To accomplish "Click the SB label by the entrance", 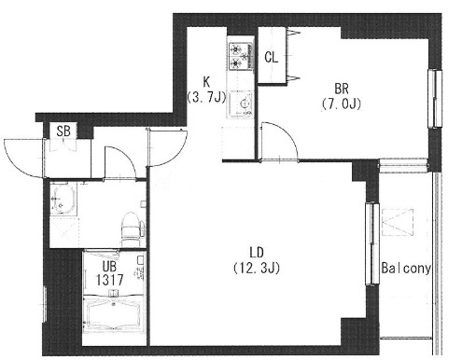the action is coord(63,131).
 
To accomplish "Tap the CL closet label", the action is coord(272,57).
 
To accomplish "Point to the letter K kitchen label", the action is coord(206,82).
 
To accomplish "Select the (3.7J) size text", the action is coord(206,97).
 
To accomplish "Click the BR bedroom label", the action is coord(342,89).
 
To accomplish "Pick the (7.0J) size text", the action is coord(342,104).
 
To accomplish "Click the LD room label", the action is coord(257,253).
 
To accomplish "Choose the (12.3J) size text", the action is coord(257,268).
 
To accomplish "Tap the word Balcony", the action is coord(406,268).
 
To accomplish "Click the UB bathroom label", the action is coord(110,267).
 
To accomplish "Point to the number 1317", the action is coord(110,280).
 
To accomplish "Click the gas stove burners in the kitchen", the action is coord(240,56).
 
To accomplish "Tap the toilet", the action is coord(131,228).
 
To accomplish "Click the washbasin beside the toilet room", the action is coord(63,199).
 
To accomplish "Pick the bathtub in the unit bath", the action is coord(114,314).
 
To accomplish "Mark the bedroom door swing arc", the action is coord(287,132).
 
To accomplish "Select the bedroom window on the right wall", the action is coord(435,99).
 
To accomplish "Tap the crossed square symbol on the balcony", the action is coord(398,222).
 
